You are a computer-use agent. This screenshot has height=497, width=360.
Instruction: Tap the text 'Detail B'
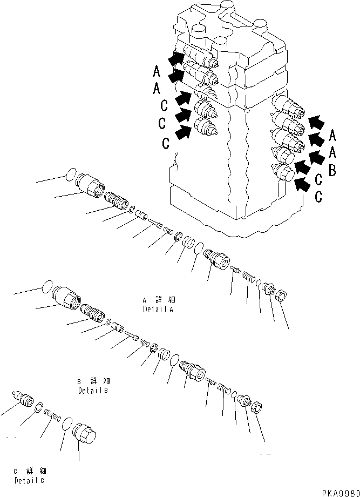(x=94, y=390)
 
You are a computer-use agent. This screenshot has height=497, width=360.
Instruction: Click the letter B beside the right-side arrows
(x=332, y=171)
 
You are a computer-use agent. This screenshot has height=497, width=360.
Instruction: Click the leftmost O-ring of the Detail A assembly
(x=69, y=173)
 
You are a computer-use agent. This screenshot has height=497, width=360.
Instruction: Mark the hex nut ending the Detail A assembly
(x=281, y=295)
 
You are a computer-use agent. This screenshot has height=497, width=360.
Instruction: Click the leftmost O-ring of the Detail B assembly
(x=47, y=287)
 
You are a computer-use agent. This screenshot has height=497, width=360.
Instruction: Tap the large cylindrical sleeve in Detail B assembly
(x=66, y=298)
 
